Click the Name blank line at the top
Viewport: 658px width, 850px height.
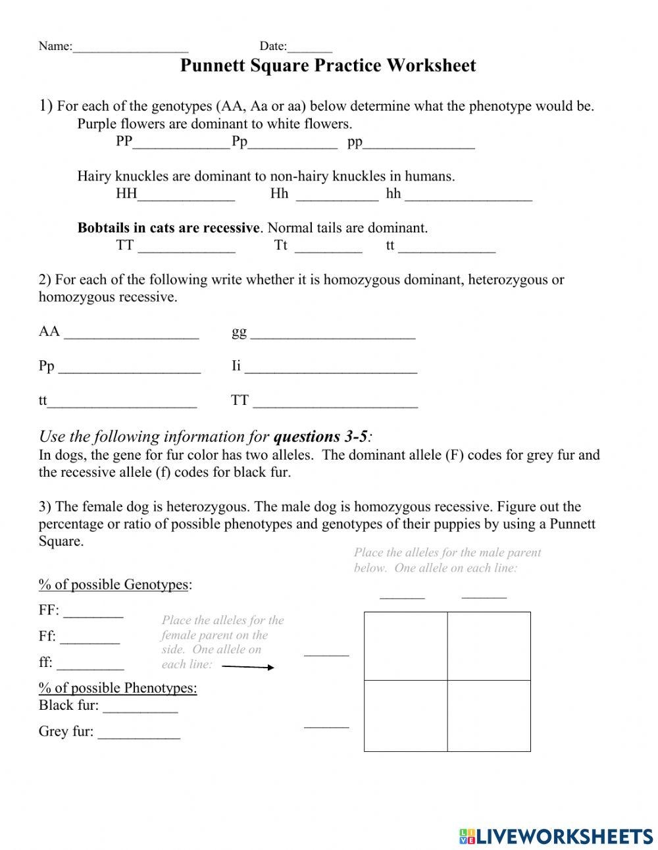click(130, 47)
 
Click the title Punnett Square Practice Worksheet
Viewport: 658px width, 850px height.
click(328, 66)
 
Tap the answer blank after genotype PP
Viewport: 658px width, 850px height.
click(181, 144)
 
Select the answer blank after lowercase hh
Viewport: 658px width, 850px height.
click(468, 196)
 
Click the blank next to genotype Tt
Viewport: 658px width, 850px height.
click(328, 248)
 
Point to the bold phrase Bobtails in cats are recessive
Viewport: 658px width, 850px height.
click(168, 228)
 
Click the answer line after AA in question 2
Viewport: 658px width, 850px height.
click(131, 334)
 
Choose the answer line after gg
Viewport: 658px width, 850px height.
click(332, 334)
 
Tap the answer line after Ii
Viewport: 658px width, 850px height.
click(330, 369)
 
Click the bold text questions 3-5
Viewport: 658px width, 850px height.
click(320, 437)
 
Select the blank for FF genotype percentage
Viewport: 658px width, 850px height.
click(93, 613)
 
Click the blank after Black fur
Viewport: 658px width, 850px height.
click(140, 708)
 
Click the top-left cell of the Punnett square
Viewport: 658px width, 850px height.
click(406, 646)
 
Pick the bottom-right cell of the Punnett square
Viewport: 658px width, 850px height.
click(489, 716)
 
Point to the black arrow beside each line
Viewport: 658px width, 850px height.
click(248, 666)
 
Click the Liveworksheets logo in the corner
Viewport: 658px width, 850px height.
click(556, 836)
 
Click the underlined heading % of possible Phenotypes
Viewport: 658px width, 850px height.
click(118, 688)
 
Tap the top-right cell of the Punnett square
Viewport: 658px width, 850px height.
click(489, 646)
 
